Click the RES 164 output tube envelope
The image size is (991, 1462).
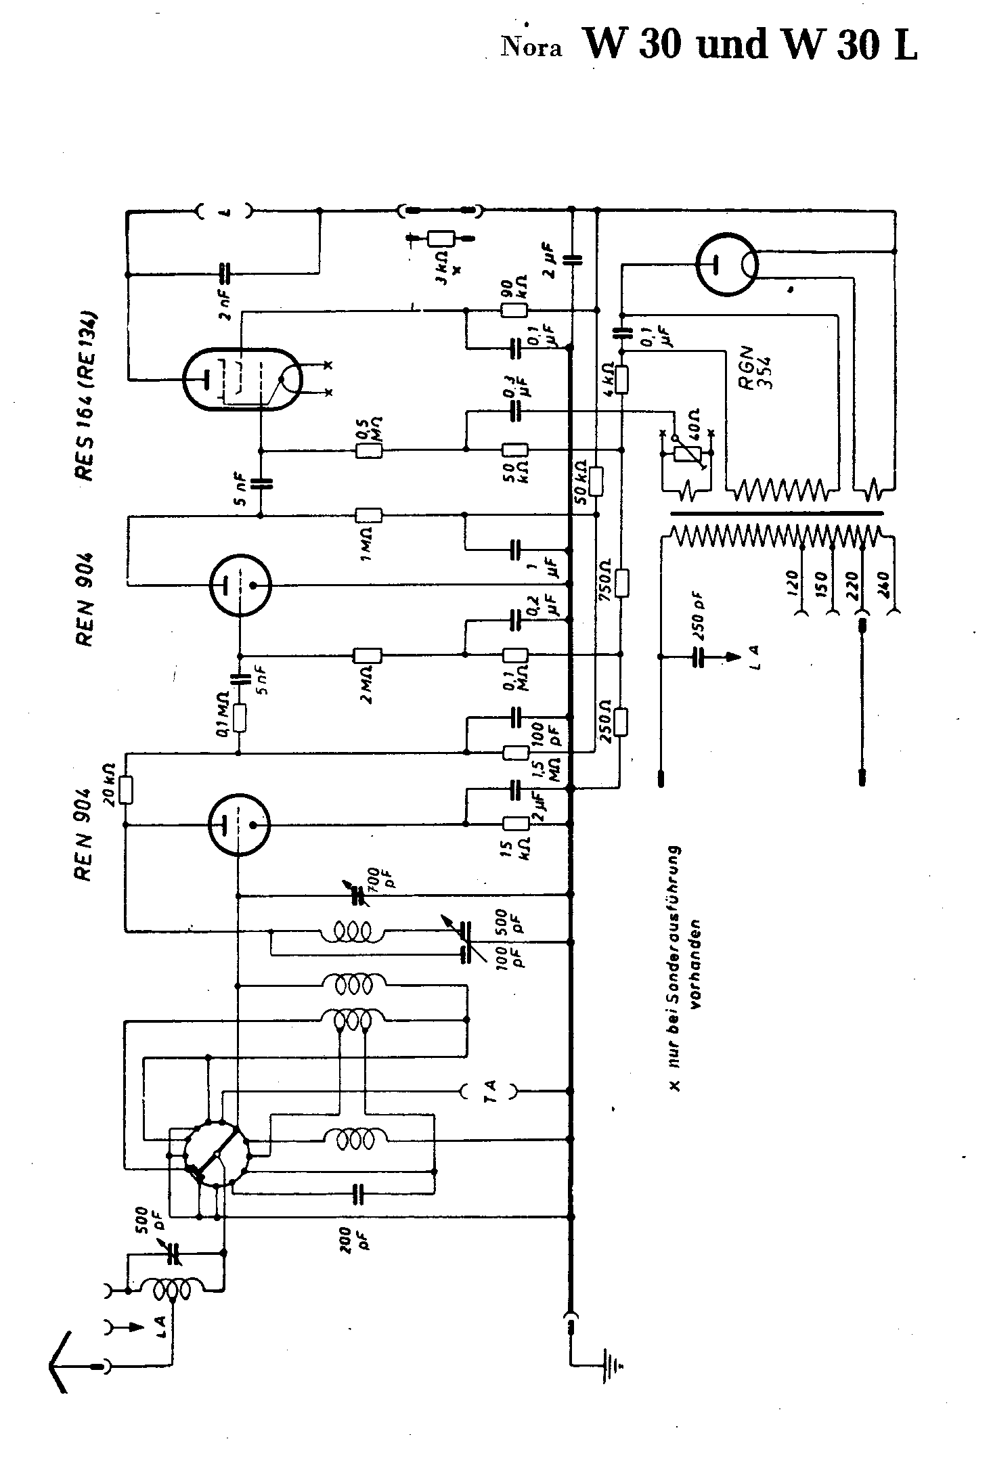click(242, 378)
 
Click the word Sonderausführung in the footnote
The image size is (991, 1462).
click(675, 925)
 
